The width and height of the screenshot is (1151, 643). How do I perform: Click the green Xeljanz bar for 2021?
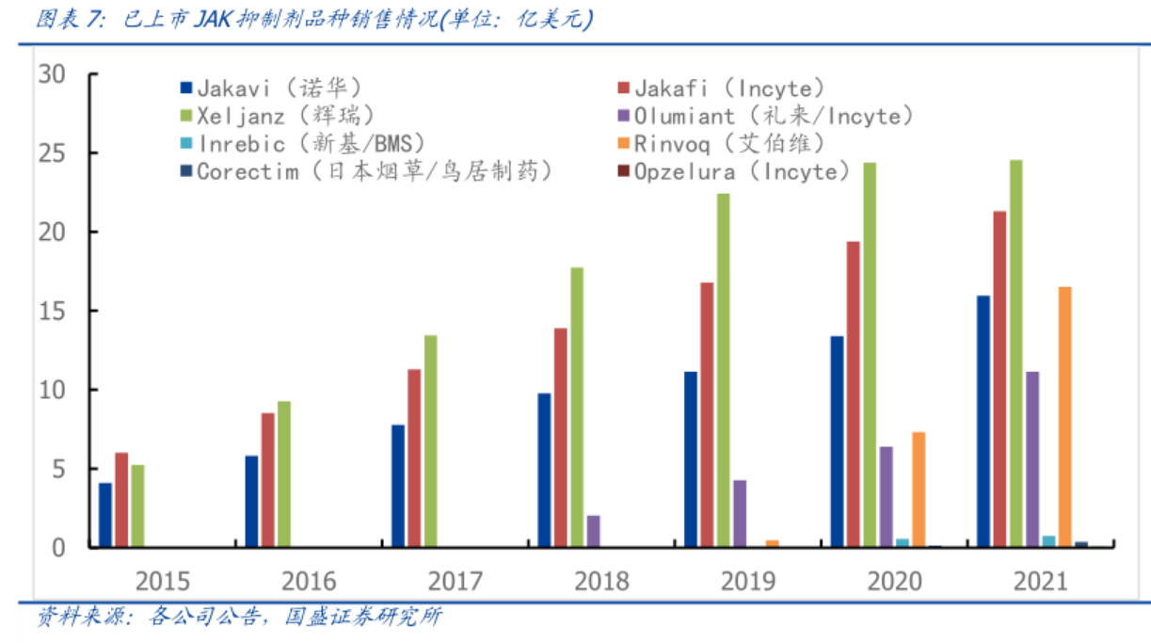pyautogui.click(x=1016, y=353)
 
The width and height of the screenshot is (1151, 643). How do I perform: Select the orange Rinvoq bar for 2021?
pyautogui.click(x=1065, y=417)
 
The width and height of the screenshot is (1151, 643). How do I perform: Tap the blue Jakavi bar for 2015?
pyautogui.click(x=105, y=515)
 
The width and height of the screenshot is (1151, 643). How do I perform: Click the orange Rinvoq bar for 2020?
pyautogui.click(x=919, y=490)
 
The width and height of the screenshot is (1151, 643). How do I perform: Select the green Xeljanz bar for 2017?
pyautogui.click(x=430, y=442)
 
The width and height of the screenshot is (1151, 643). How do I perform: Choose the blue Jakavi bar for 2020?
pyautogui.click(x=837, y=442)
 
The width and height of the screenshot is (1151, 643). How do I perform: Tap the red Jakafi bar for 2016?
pyautogui.click(x=268, y=480)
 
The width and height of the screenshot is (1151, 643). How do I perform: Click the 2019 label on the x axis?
pyautogui.click(x=748, y=580)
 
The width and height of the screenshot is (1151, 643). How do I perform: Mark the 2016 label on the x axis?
pyautogui.click(x=310, y=580)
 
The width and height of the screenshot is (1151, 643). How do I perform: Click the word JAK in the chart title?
pyautogui.click(x=216, y=20)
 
